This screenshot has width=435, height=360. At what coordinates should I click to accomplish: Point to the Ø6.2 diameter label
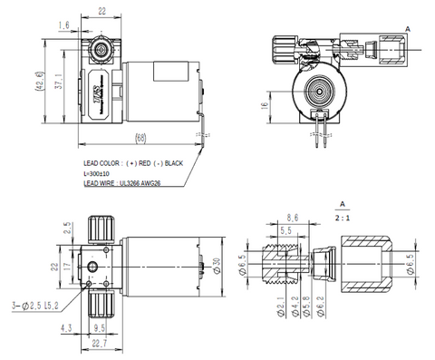click(307, 316)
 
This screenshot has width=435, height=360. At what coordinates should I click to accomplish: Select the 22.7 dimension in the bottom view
click(101, 343)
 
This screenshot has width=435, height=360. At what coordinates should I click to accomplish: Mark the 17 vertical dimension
click(66, 268)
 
